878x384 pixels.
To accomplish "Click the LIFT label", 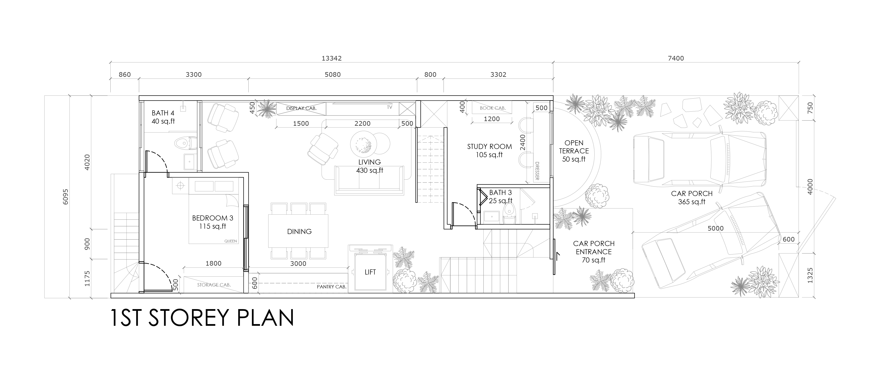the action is coord(370,272).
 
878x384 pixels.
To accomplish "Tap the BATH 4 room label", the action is coord(163,113).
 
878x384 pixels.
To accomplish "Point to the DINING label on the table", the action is coord(299,231).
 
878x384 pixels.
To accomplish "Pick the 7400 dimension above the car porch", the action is coord(676,58).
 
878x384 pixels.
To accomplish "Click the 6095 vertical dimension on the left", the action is coord(66,197).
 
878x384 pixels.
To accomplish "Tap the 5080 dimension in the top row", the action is coord(332,74).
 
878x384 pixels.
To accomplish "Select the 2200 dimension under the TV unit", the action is coord(362,124).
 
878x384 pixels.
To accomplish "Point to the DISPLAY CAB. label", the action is coord(301,108).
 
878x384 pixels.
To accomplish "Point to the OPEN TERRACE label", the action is coord(574,147).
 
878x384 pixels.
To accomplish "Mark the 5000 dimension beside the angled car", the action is coord(715,228).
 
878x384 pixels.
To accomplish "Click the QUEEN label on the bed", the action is coord(231,241).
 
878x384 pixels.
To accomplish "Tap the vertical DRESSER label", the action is coord(537,171).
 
